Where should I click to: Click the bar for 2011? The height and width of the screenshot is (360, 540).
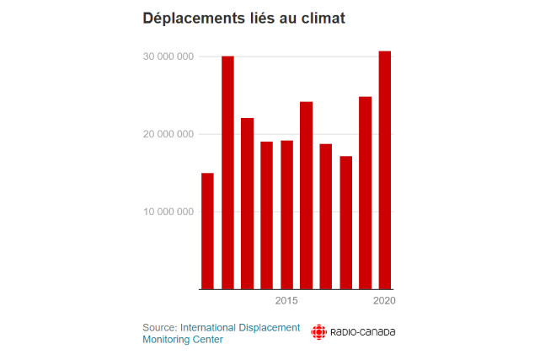point(207,231)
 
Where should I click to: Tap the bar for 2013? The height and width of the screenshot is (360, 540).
point(247,203)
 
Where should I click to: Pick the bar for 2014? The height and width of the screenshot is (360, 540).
point(266,215)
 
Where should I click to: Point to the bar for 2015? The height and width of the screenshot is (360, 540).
point(286,215)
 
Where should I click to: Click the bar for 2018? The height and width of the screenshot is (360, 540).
point(345,223)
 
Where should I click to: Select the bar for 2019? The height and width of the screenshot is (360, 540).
point(365,193)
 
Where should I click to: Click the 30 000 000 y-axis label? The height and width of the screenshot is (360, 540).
point(168,56)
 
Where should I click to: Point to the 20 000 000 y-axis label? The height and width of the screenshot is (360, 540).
point(168,134)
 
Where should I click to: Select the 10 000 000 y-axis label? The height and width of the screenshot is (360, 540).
point(168,212)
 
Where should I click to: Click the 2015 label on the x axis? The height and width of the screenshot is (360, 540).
point(286,301)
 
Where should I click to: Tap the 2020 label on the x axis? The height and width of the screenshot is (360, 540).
point(385,301)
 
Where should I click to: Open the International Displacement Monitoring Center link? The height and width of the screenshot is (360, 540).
point(239,327)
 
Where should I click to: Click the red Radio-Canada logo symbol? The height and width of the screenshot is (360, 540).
point(319,332)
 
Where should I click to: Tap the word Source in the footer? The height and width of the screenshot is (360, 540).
point(159,327)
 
